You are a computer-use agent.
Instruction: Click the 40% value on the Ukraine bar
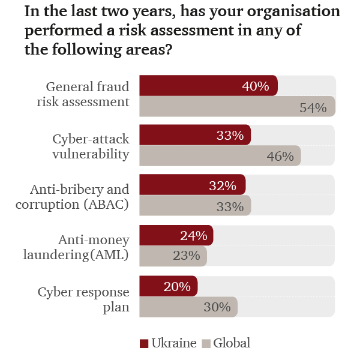(x=255, y=86)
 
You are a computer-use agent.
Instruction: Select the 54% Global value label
(x=313, y=108)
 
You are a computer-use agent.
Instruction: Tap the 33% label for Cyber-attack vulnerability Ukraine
(x=230, y=136)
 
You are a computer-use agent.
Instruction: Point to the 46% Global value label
(x=280, y=157)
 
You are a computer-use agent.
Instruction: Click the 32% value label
(x=223, y=186)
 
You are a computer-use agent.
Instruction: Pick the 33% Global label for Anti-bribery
(x=230, y=207)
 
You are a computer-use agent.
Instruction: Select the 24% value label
(x=193, y=236)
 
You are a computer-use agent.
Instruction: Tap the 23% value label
(x=186, y=256)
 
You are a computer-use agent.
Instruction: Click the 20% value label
(x=177, y=287)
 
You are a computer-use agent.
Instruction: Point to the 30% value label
(x=217, y=307)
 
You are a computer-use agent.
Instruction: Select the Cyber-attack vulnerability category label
(x=90, y=146)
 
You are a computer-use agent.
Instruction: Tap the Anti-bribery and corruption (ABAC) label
(x=80, y=197)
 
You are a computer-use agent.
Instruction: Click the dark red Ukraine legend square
(x=144, y=344)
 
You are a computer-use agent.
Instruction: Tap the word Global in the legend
(x=232, y=343)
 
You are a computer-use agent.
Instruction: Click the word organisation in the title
(x=295, y=11)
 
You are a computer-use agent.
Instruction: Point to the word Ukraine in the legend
(x=174, y=343)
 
